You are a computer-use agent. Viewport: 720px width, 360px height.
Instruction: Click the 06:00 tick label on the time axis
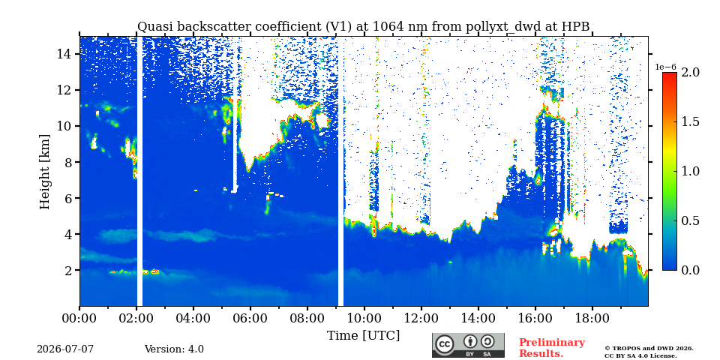tap(250, 318)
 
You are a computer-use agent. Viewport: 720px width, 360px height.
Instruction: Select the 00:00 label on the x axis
tap(79, 318)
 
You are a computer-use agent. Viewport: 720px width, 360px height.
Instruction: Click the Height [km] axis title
tap(44, 172)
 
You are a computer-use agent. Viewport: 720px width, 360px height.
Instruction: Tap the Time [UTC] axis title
tap(363, 335)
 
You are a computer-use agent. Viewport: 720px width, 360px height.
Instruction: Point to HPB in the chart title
tap(576, 27)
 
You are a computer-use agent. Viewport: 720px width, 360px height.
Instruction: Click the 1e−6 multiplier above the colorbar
tap(665, 67)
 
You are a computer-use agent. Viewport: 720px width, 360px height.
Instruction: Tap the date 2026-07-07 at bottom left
tap(65, 349)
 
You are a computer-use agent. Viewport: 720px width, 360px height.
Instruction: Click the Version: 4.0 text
tap(174, 349)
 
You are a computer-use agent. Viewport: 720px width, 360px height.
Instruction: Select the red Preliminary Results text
tap(552, 348)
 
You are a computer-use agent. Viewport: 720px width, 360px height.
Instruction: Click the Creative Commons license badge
tap(468, 345)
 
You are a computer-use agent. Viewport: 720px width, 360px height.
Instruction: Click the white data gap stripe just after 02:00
tap(139, 171)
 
